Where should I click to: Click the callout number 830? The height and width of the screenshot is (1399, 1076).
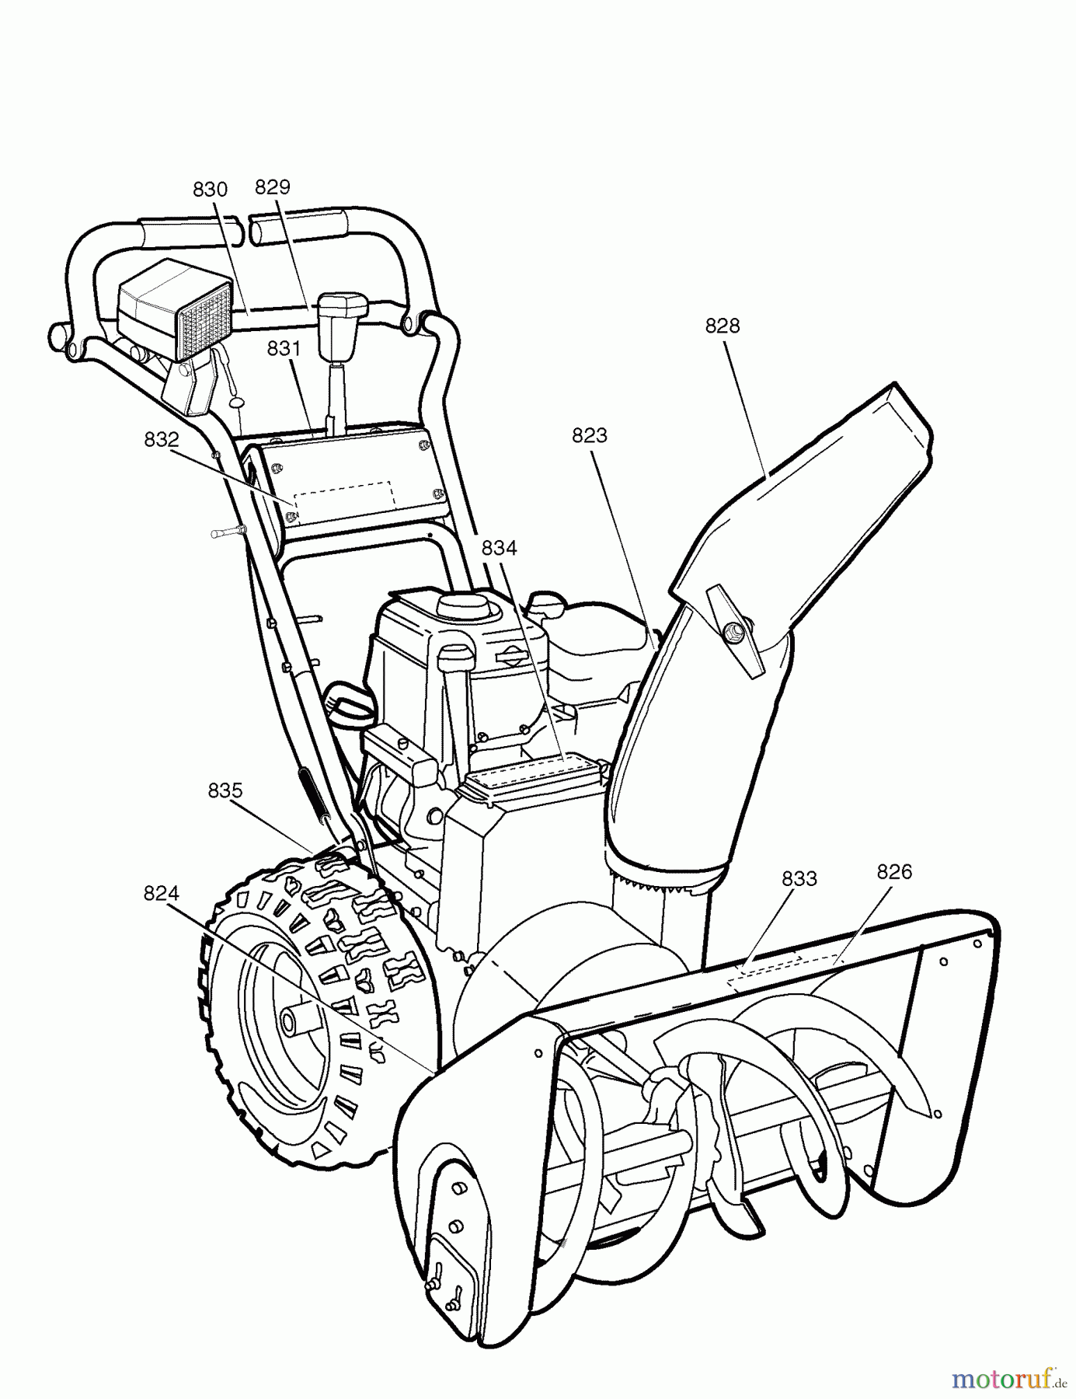[210, 190]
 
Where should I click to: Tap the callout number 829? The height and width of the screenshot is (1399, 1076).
[273, 187]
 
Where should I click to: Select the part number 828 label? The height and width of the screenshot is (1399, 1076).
[723, 326]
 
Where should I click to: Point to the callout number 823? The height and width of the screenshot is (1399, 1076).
[589, 436]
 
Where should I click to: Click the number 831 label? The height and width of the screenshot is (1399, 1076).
[284, 349]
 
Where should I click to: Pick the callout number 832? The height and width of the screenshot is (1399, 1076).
[162, 440]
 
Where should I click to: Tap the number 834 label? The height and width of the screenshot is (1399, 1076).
[499, 548]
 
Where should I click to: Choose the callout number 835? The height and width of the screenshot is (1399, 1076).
[225, 791]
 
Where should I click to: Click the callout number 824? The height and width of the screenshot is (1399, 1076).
[161, 895]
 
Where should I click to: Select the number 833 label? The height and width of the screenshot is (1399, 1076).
[799, 879]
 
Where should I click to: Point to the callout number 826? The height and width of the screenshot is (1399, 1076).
[894, 872]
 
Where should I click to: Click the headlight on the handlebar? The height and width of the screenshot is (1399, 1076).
[175, 309]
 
